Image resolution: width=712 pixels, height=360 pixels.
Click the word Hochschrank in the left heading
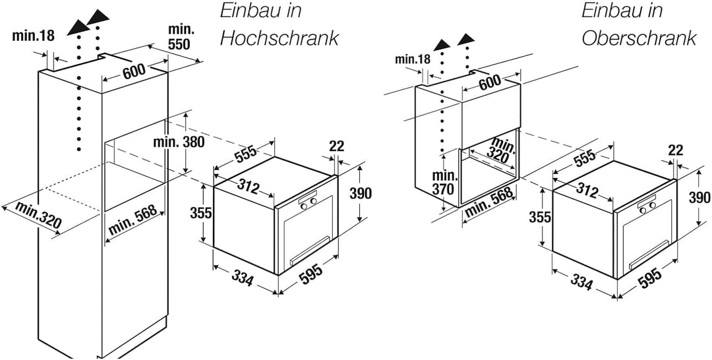pyautogui.click(x=280, y=38)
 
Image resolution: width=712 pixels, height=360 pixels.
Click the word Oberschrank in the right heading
pyautogui.click(x=639, y=38)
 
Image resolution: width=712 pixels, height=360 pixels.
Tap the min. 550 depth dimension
pyautogui.click(x=179, y=36)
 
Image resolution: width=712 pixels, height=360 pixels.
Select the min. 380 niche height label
pyautogui.click(x=179, y=142)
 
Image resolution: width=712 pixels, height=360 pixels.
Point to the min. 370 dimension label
pyautogui.click(x=444, y=183)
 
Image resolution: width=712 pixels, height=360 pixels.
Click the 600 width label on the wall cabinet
pyautogui.click(x=489, y=82)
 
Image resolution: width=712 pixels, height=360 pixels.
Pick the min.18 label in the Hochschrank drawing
pyautogui.click(x=33, y=36)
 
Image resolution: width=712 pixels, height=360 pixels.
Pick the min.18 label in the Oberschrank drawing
pyautogui.click(x=412, y=59)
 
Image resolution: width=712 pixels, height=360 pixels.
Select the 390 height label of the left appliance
pyautogui.click(x=361, y=193)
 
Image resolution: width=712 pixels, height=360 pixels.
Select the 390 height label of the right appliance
pyautogui.click(x=699, y=198)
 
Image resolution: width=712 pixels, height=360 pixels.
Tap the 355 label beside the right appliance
pyautogui.click(x=540, y=217)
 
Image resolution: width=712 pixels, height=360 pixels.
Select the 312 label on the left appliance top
pyautogui.click(x=247, y=186)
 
